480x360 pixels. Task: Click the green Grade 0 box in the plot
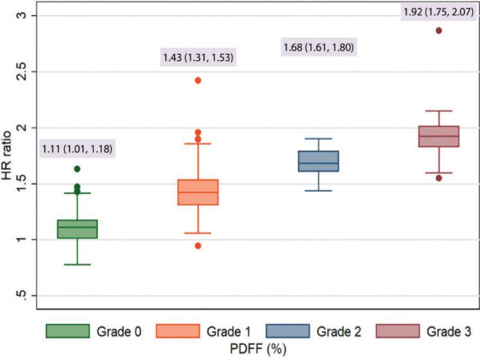click(x=78, y=229)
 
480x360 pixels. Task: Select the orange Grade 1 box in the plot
click(x=198, y=192)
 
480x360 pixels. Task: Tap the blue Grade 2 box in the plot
click(x=318, y=161)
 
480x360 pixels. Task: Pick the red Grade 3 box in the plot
click(x=439, y=136)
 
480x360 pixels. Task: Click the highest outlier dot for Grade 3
click(x=439, y=31)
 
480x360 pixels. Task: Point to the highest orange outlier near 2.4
click(x=198, y=80)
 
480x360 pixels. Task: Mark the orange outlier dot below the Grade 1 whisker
click(x=198, y=245)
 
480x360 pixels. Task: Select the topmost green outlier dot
click(x=77, y=169)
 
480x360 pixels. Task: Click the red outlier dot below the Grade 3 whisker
click(x=439, y=178)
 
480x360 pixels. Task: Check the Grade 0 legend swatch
click(x=67, y=331)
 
